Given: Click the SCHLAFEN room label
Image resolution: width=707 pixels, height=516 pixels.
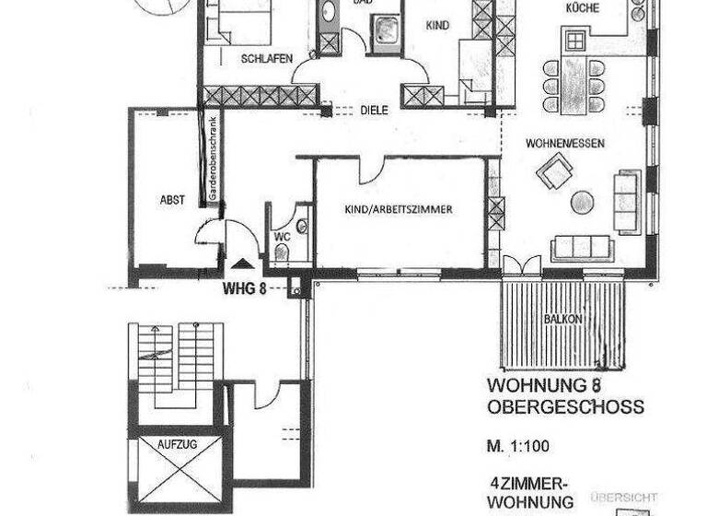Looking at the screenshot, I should [267, 59].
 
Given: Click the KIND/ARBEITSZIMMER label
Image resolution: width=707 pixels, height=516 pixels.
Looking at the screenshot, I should [398, 210].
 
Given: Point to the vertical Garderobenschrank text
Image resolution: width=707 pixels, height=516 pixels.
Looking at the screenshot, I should [213, 160].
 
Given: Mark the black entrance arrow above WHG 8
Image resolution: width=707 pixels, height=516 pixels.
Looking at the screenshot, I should [242, 264].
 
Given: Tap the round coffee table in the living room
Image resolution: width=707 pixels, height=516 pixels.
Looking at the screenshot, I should [582, 202].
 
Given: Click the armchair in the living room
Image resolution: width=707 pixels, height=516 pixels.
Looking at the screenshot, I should [555, 170].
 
